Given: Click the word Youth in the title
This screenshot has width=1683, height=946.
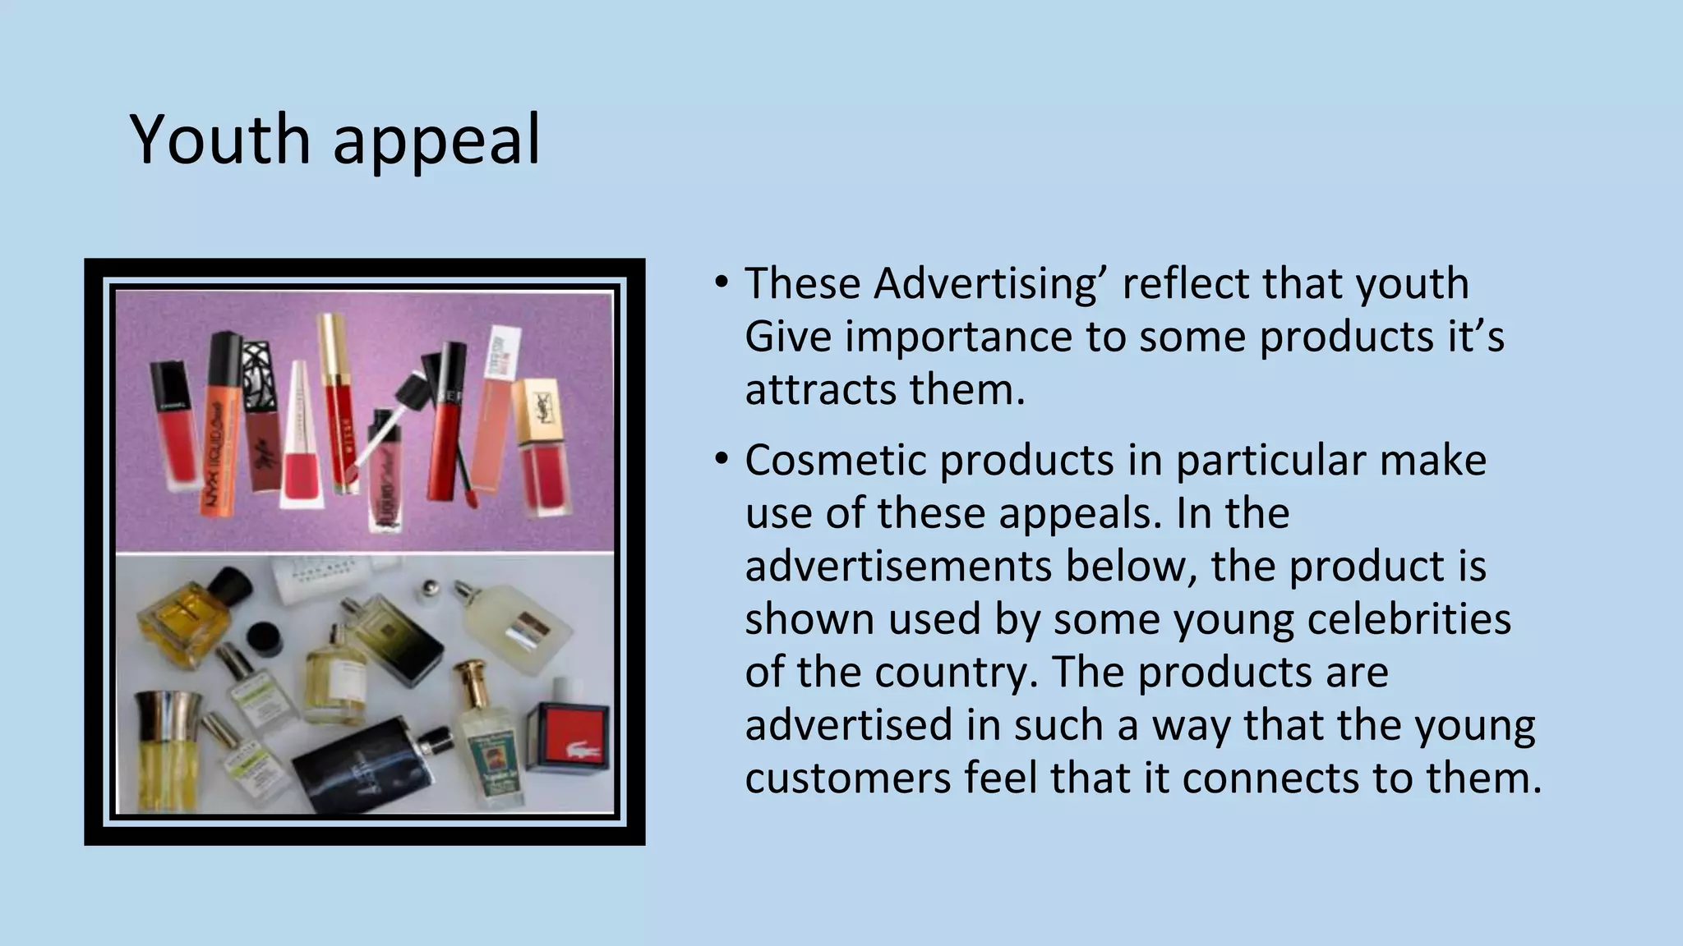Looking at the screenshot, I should [219, 140].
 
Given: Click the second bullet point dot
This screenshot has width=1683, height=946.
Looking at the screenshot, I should [721, 460].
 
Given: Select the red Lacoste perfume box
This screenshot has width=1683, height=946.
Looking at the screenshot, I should [574, 737].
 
